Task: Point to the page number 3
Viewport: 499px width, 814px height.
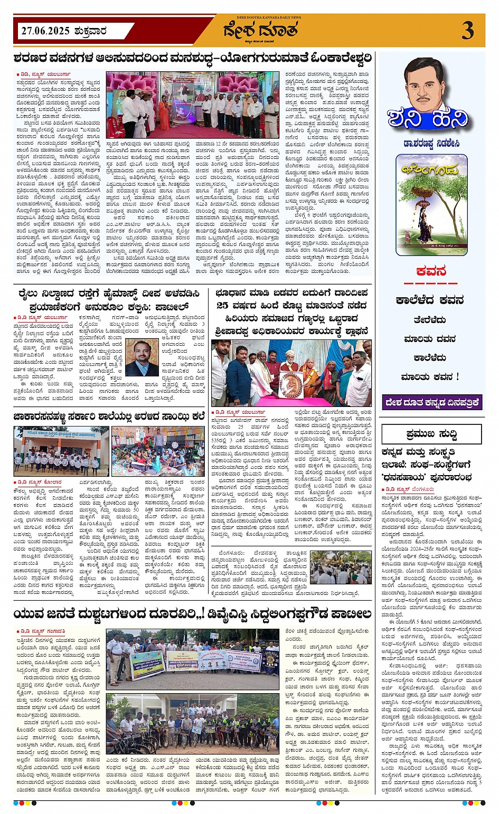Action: (467, 31)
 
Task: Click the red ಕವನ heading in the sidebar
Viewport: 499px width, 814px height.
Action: (431, 271)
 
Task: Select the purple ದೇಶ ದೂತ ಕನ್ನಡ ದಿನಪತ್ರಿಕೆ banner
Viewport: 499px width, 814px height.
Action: (432, 402)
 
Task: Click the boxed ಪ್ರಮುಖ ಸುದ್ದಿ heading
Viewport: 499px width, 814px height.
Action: (431, 434)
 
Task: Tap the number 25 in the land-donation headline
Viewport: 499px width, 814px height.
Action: (222, 306)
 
